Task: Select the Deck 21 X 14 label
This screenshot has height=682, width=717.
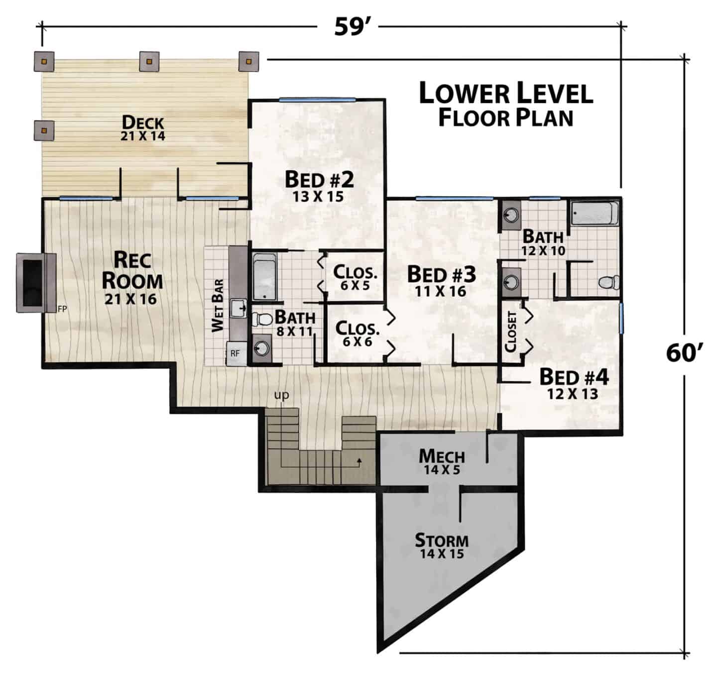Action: (143, 128)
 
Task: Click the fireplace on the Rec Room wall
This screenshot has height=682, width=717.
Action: (36, 283)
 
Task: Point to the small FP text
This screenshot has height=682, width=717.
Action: (62, 309)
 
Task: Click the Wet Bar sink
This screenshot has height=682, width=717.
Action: (239, 308)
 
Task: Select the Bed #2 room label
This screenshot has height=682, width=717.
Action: (319, 186)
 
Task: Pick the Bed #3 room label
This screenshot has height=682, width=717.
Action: (441, 281)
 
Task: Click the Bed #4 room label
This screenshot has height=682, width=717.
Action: (574, 384)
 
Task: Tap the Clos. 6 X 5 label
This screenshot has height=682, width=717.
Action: (355, 278)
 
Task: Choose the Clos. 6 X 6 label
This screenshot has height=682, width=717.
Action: (357, 334)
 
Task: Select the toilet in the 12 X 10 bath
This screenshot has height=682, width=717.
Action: (608, 282)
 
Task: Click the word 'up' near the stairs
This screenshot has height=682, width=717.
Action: (281, 395)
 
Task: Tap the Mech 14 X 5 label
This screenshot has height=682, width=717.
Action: (442, 461)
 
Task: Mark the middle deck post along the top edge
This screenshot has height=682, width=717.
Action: (149, 61)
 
